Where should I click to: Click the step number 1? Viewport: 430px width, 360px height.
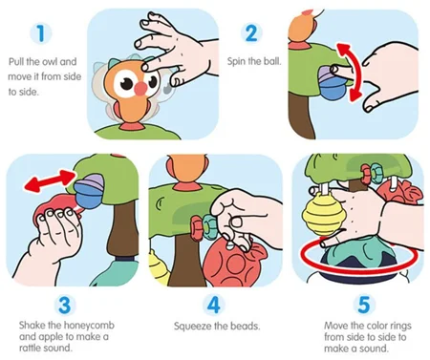point(41,33)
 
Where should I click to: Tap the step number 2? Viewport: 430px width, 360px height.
point(251,33)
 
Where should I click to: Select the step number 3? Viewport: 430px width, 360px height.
point(65,305)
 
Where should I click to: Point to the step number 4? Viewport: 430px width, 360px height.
point(214,305)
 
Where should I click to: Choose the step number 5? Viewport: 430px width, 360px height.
point(364,305)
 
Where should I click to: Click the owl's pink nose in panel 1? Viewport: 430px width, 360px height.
point(140,88)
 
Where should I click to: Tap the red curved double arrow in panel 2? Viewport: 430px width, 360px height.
point(350,73)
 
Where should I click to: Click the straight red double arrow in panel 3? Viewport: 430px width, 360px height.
point(50,180)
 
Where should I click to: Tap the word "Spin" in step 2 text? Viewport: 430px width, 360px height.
point(236,61)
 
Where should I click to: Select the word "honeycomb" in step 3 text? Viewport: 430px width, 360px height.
point(89,326)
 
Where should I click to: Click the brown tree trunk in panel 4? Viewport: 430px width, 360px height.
point(186,261)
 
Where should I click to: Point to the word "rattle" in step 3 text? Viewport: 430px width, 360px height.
point(31,348)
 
